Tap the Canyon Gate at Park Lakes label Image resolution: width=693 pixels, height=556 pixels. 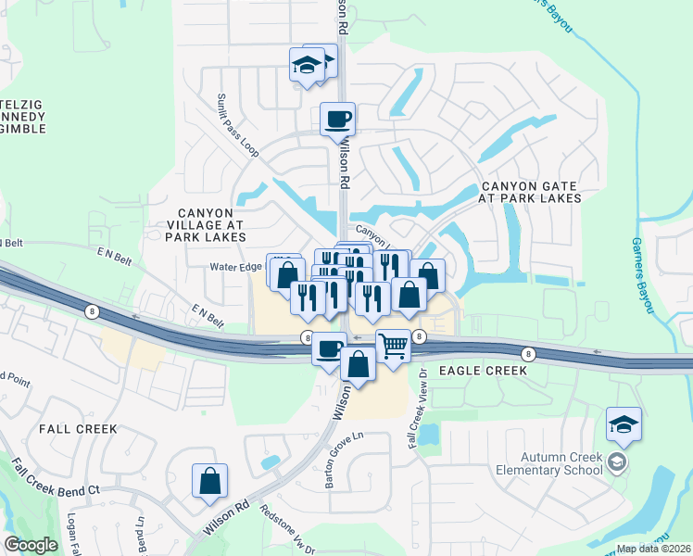(530, 192)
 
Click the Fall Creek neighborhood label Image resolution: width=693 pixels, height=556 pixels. (78, 429)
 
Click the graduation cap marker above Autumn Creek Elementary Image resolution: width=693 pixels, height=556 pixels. (624, 425)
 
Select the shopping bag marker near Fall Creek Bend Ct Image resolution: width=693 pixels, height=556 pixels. (210, 480)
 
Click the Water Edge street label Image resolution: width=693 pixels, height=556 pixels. (237, 269)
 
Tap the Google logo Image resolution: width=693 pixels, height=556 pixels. (31, 545)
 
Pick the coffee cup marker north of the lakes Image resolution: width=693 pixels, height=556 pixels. (337, 119)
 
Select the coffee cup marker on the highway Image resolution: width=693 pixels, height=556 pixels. (329, 349)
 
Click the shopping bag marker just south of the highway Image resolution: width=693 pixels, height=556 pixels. (359, 363)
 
